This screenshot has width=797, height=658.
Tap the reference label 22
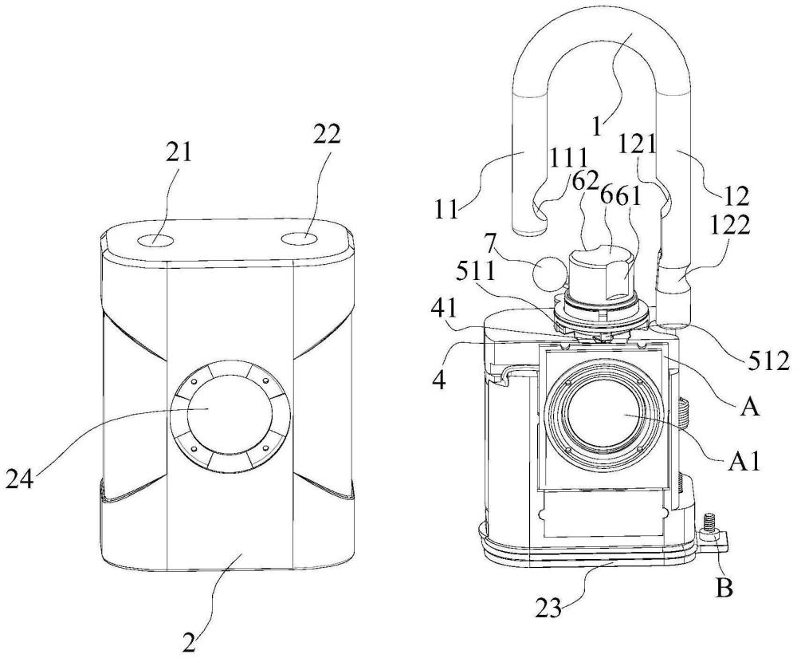327,136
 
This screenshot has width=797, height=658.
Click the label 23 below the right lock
549,608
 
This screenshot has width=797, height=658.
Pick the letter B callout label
724,589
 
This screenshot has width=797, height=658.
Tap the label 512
770,361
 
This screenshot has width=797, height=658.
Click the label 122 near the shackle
729,225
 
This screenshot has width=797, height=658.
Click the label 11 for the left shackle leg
447,209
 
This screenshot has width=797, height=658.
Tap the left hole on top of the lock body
155,239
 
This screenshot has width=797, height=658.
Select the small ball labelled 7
548,273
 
